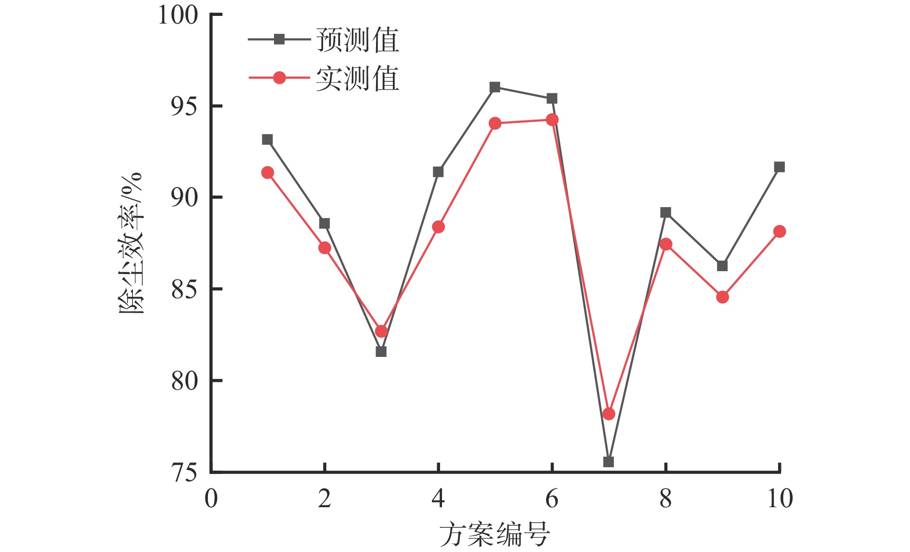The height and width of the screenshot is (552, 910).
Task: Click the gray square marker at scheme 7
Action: [x=609, y=462]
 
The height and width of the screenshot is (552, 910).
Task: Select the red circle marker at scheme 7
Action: [x=609, y=414]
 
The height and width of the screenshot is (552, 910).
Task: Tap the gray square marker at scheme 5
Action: [x=495, y=87]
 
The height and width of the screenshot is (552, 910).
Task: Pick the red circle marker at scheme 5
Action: [x=495, y=124]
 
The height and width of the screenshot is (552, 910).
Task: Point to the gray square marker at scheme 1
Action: [x=267, y=140]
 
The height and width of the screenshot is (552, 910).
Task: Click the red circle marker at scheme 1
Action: [x=267, y=173]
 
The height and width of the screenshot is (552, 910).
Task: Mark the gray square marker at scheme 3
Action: [x=381, y=352]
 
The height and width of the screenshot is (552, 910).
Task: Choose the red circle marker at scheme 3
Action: [x=381, y=331]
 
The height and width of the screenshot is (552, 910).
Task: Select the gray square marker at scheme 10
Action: [x=780, y=167]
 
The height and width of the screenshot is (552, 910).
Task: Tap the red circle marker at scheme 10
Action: [x=780, y=232]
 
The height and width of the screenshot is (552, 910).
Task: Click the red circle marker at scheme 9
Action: [x=722, y=297]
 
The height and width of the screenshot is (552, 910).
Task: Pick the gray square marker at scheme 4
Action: [x=438, y=172]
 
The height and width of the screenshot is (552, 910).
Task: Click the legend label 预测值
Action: [x=358, y=40]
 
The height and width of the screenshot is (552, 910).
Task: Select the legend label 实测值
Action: [x=358, y=79]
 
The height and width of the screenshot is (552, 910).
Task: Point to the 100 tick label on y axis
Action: [x=178, y=15]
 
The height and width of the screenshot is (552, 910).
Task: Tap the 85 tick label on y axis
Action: [x=184, y=289]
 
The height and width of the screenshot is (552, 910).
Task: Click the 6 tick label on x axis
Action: [x=552, y=499]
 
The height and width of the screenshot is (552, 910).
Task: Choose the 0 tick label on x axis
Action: [x=211, y=499]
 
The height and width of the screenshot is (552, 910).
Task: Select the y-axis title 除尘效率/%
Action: [x=131, y=243]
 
